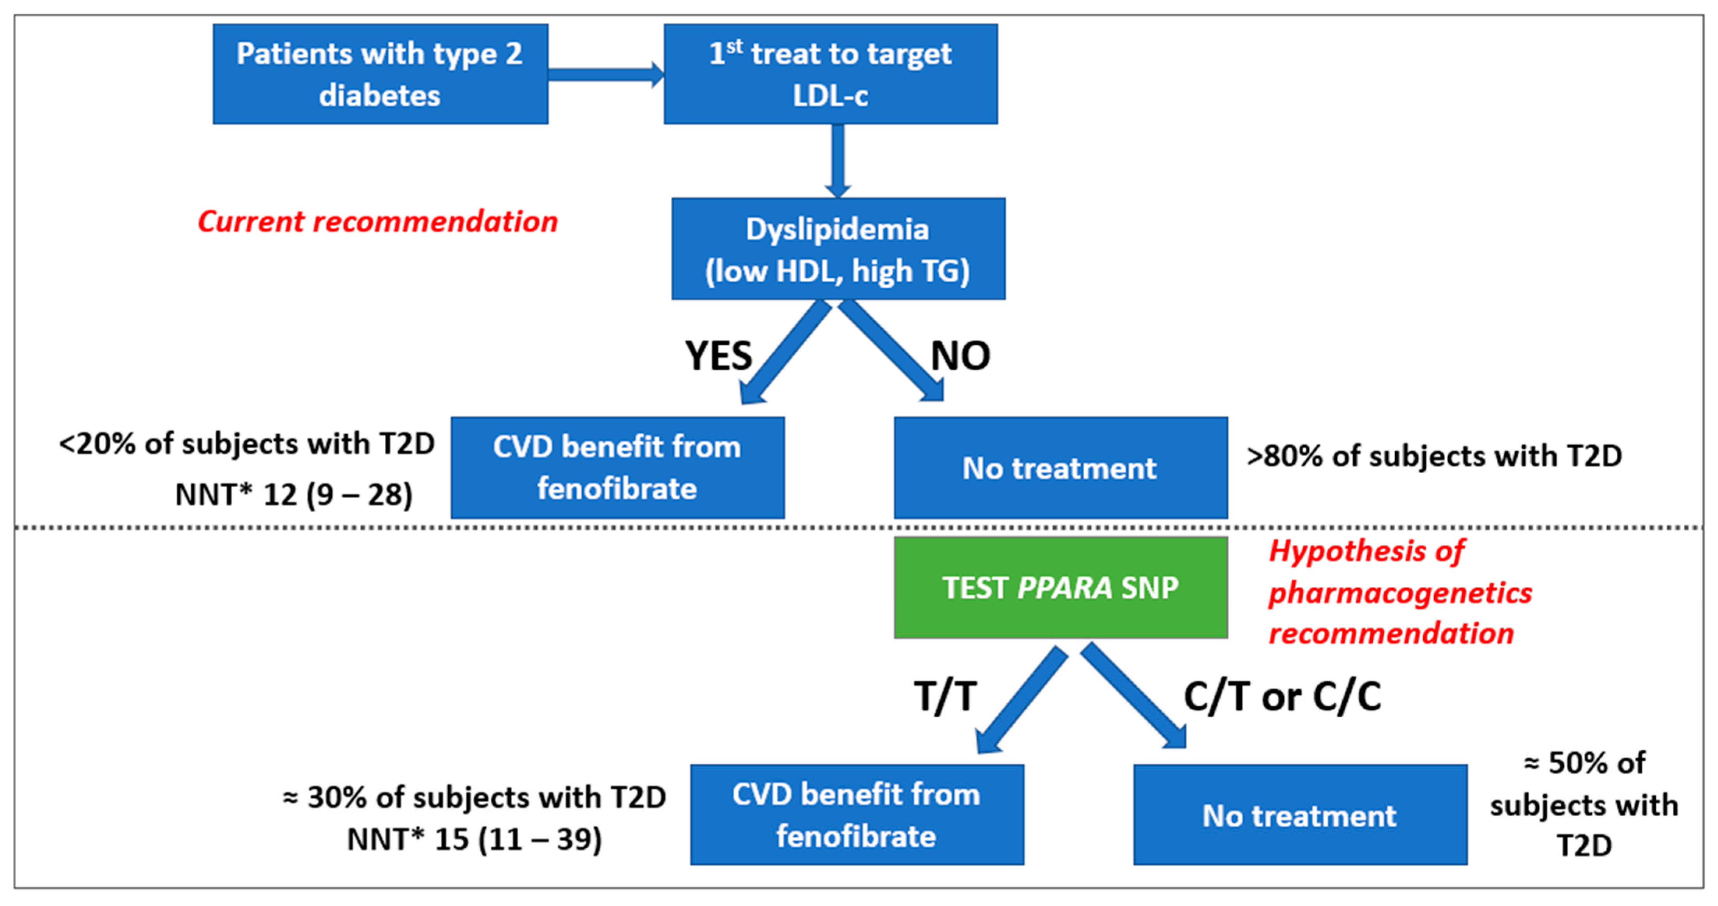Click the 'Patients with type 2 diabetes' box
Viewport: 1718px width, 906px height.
tap(380, 74)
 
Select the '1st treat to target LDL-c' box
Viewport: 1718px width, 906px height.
tap(830, 74)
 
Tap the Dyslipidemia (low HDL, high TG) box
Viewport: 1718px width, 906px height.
tap(838, 249)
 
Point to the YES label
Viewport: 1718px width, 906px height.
tap(718, 356)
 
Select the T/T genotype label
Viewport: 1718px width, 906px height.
tap(945, 697)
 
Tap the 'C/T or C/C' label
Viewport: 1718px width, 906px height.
tap(1282, 697)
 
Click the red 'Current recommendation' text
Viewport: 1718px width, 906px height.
tap(378, 221)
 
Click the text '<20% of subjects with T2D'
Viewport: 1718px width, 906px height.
tap(247, 444)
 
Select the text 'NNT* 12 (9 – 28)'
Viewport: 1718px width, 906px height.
tap(293, 494)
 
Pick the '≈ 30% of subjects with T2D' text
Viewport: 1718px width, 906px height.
tap(474, 797)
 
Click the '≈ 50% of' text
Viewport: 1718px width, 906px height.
tap(1585, 763)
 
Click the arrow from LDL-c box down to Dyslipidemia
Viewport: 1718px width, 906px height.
tap(838, 160)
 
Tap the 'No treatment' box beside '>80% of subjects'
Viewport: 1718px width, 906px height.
tap(1060, 468)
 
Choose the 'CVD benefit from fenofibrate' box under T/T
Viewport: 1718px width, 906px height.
tap(857, 815)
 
